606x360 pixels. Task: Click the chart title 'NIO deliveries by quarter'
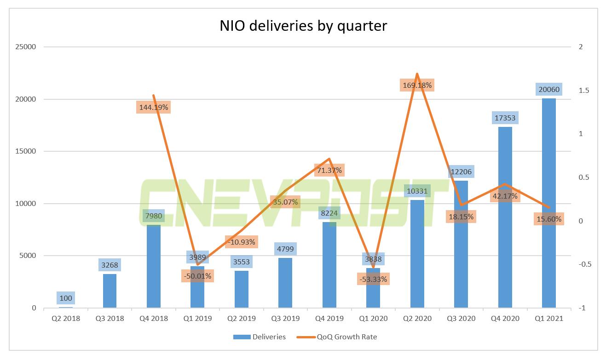[x=303, y=25]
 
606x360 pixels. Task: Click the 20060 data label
[x=548, y=90]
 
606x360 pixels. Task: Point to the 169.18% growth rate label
[x=417, y=85]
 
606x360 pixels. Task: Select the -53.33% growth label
[x=373, y=279]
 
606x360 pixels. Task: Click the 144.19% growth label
[x=153, y=108]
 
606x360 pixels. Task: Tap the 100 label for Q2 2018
[x=66, y=298]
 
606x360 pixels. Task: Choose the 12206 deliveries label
[x=461, y=172]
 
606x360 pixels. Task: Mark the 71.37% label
[x=329, y=170]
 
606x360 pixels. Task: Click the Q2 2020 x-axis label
[x=417, y=318]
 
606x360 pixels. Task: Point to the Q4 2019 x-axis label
[x=329, y=318]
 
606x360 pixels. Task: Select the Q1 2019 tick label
[x=197, y=318]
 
